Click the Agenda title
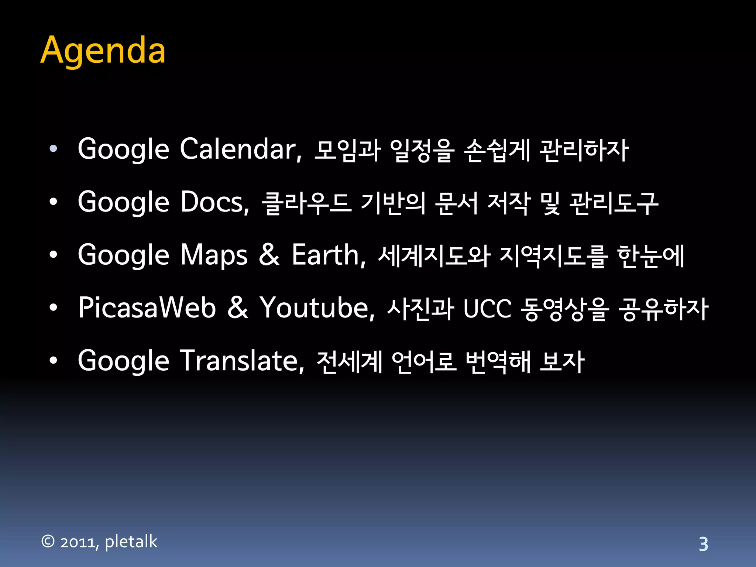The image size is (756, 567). click(103, 51)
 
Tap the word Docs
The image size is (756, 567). click(214, 202)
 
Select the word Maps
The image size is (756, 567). click(214, 255)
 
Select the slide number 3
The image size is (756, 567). click(703, 544)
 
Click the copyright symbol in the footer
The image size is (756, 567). click(48, 542)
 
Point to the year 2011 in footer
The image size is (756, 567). click(79, 542)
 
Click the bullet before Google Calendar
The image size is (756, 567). click(54, 149)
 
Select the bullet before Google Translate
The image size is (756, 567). click(54, 361)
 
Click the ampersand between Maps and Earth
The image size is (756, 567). click(269, 255)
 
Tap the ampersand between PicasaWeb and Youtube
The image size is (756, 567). click(237, 307)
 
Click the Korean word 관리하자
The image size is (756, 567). click(584, 150)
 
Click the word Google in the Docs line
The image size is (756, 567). click(123, 203)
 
